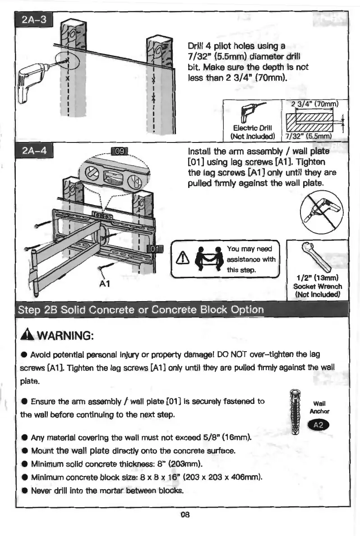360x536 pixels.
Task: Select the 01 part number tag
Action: tap(154, 249)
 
